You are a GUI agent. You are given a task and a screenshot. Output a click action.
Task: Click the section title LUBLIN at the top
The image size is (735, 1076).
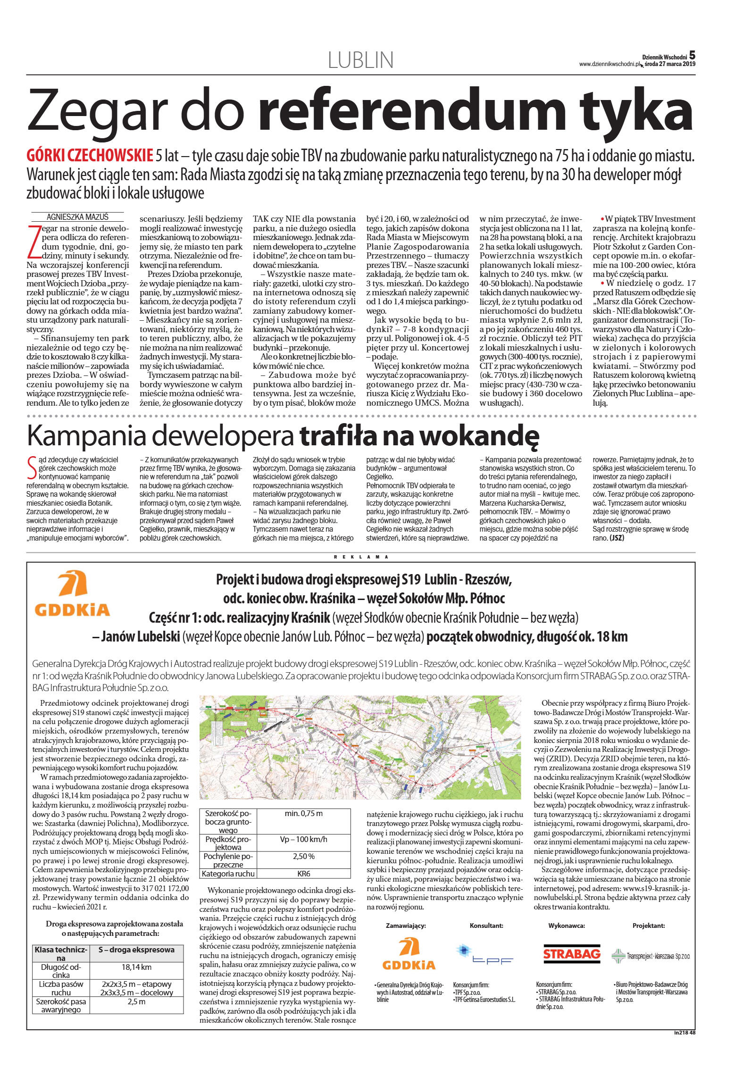360,60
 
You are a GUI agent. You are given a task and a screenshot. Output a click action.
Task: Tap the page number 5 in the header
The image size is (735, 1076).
692,55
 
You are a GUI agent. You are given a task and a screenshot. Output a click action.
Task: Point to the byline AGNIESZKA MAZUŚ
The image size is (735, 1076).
77,217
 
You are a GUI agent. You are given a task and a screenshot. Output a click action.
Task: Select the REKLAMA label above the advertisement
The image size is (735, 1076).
361,557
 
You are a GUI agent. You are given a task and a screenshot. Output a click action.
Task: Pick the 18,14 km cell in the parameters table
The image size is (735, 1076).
136,967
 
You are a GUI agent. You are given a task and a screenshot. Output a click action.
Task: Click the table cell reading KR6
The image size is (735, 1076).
304,874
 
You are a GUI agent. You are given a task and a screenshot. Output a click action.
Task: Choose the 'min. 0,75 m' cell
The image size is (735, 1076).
303,813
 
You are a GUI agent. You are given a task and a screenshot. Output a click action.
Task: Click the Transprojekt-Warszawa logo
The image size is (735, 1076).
651,956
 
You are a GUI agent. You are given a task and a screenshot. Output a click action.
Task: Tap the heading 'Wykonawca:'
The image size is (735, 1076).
566,926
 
